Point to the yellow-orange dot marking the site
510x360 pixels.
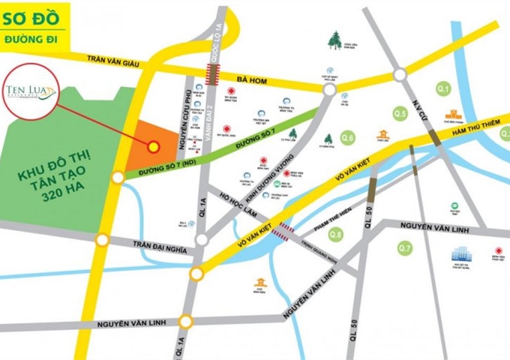click(x=153, y=146)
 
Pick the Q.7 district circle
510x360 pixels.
click(x=405, y=247)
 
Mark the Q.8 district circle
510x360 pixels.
click(x=336, y=235)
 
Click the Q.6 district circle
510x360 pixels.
click(x=347, y=137)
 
